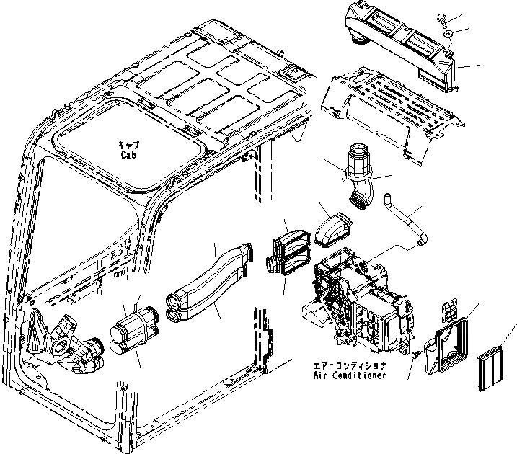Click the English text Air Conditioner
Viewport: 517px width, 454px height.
click(350, 375)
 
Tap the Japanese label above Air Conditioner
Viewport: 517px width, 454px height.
click(349, 365)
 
